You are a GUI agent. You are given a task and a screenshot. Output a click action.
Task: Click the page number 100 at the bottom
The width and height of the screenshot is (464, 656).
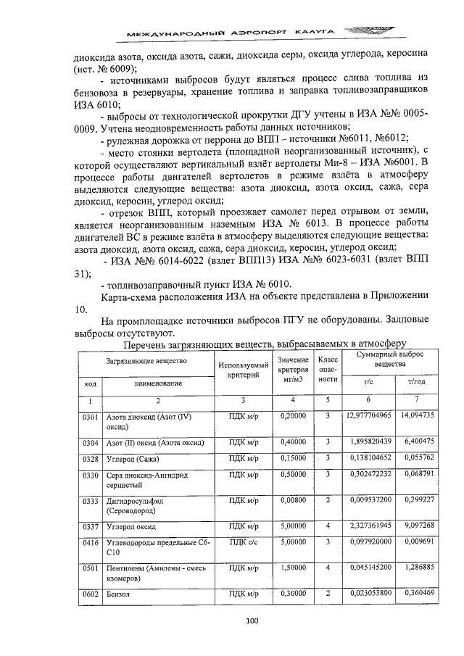[x=252, y=620]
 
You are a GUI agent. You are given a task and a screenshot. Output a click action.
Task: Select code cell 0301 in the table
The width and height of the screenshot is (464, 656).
[x=90, y=417]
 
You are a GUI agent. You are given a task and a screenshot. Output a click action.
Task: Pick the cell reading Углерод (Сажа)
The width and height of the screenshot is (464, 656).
[x=133, y=460]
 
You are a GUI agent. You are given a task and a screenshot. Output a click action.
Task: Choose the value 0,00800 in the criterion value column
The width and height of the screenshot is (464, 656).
[x=293, y=499]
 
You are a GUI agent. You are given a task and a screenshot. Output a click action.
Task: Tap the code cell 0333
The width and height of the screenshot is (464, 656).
[x=90, y=499]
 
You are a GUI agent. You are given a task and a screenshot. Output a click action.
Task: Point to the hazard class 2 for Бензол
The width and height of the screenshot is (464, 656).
[x=328, y=594]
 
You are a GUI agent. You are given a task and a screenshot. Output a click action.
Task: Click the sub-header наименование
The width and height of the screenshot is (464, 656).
[x=157, y=382]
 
